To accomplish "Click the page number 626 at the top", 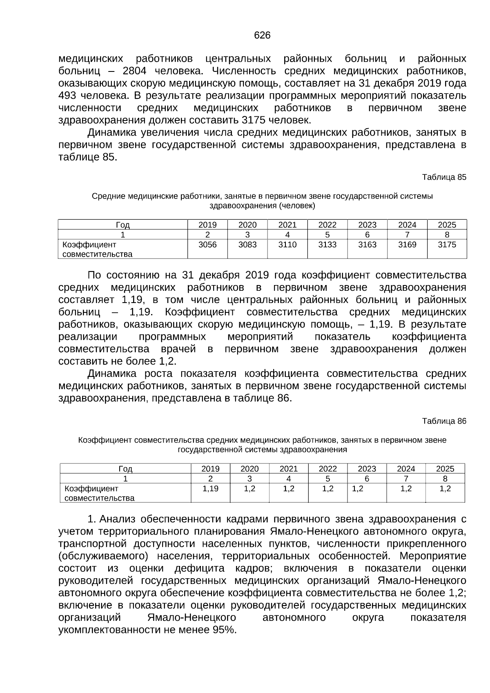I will tap(262, 36).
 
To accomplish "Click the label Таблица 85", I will tap(444, 177).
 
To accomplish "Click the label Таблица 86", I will tap(444, 421).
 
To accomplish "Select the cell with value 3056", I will tap(207, 245).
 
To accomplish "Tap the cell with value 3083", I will tap(247, 245).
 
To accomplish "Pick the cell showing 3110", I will tap(287, 245).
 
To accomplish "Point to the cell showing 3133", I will tap(327, 245).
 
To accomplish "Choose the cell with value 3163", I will tap(367, 245).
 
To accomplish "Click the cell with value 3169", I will tap(407, 245).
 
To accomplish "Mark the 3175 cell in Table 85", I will tap(447, 245).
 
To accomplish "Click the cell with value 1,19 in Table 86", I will tap(211, 489).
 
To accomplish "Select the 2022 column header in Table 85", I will tap(327, 225).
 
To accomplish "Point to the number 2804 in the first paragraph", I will tap(134, 71).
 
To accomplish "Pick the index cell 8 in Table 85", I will tap(447, 235).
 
